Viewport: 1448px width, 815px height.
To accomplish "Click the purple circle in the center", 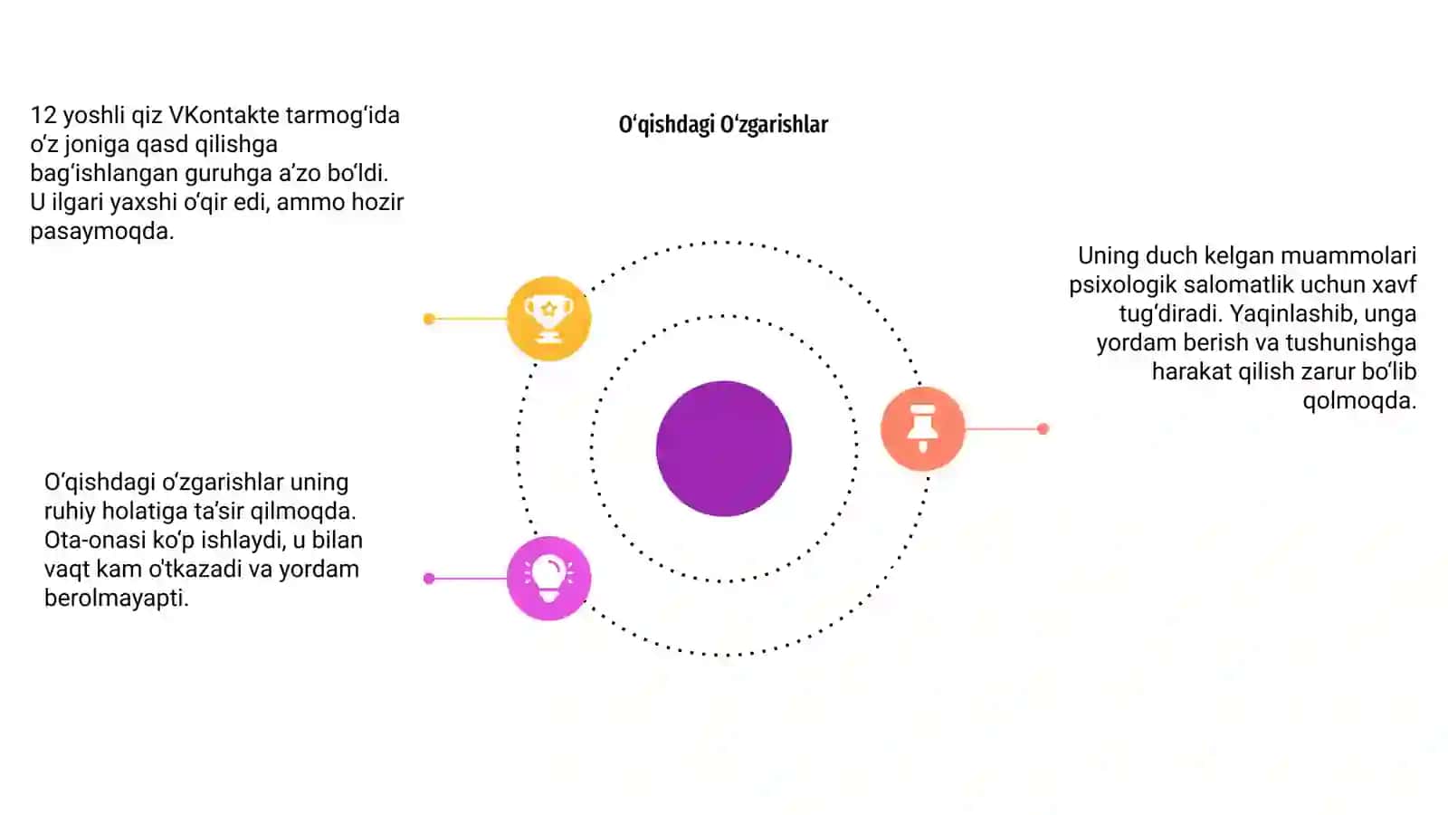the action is coord(724,448).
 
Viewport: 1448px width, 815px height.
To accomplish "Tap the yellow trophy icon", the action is coord(548,318).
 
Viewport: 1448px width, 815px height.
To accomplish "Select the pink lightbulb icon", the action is coord(548,579).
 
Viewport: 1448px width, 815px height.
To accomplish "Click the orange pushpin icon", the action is coord(922,428).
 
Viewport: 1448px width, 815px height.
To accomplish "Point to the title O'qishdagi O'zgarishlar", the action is coord(723,124).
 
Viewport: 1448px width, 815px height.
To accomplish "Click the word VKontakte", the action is coord(224,115).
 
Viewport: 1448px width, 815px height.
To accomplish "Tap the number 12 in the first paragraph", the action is coord(43,115).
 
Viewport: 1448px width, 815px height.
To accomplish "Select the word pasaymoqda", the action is coord(102,232).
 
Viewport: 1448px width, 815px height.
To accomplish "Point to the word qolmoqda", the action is coord(1359,401).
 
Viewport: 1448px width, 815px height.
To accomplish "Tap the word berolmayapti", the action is coord(117,599).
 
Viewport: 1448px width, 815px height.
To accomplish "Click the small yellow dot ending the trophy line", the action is coord(429,318).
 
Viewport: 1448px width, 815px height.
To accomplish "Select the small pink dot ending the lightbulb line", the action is coord(429,579).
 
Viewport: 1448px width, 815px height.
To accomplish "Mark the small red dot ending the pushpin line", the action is coord(1043,428).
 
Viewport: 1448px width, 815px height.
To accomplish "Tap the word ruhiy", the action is coord(70,512).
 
